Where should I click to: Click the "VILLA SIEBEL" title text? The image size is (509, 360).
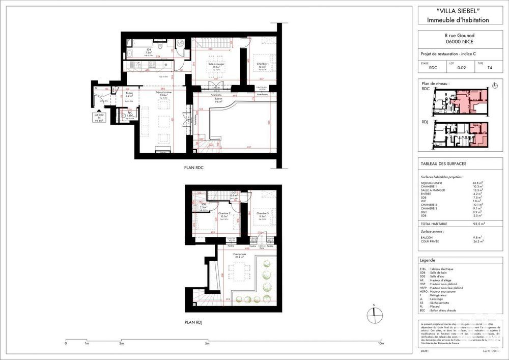pyautogui.click(x=454, y=11)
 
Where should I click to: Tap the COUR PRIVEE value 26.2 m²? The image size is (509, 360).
pyautogui.click(x=477, y=241)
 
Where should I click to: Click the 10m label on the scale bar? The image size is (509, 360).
pyautogui.click(x=381, y=343)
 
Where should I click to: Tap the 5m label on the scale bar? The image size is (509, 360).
pyautogui.click(x=207, y=343)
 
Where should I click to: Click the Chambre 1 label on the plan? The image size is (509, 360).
pyautogui.click(x=263, y=65)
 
